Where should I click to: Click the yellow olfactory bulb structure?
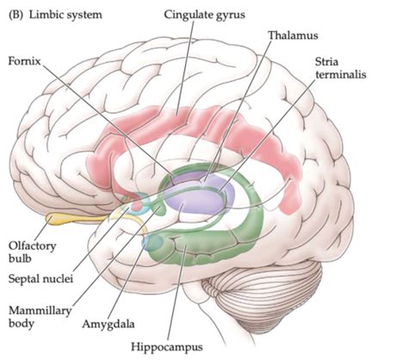tap(69, 219)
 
